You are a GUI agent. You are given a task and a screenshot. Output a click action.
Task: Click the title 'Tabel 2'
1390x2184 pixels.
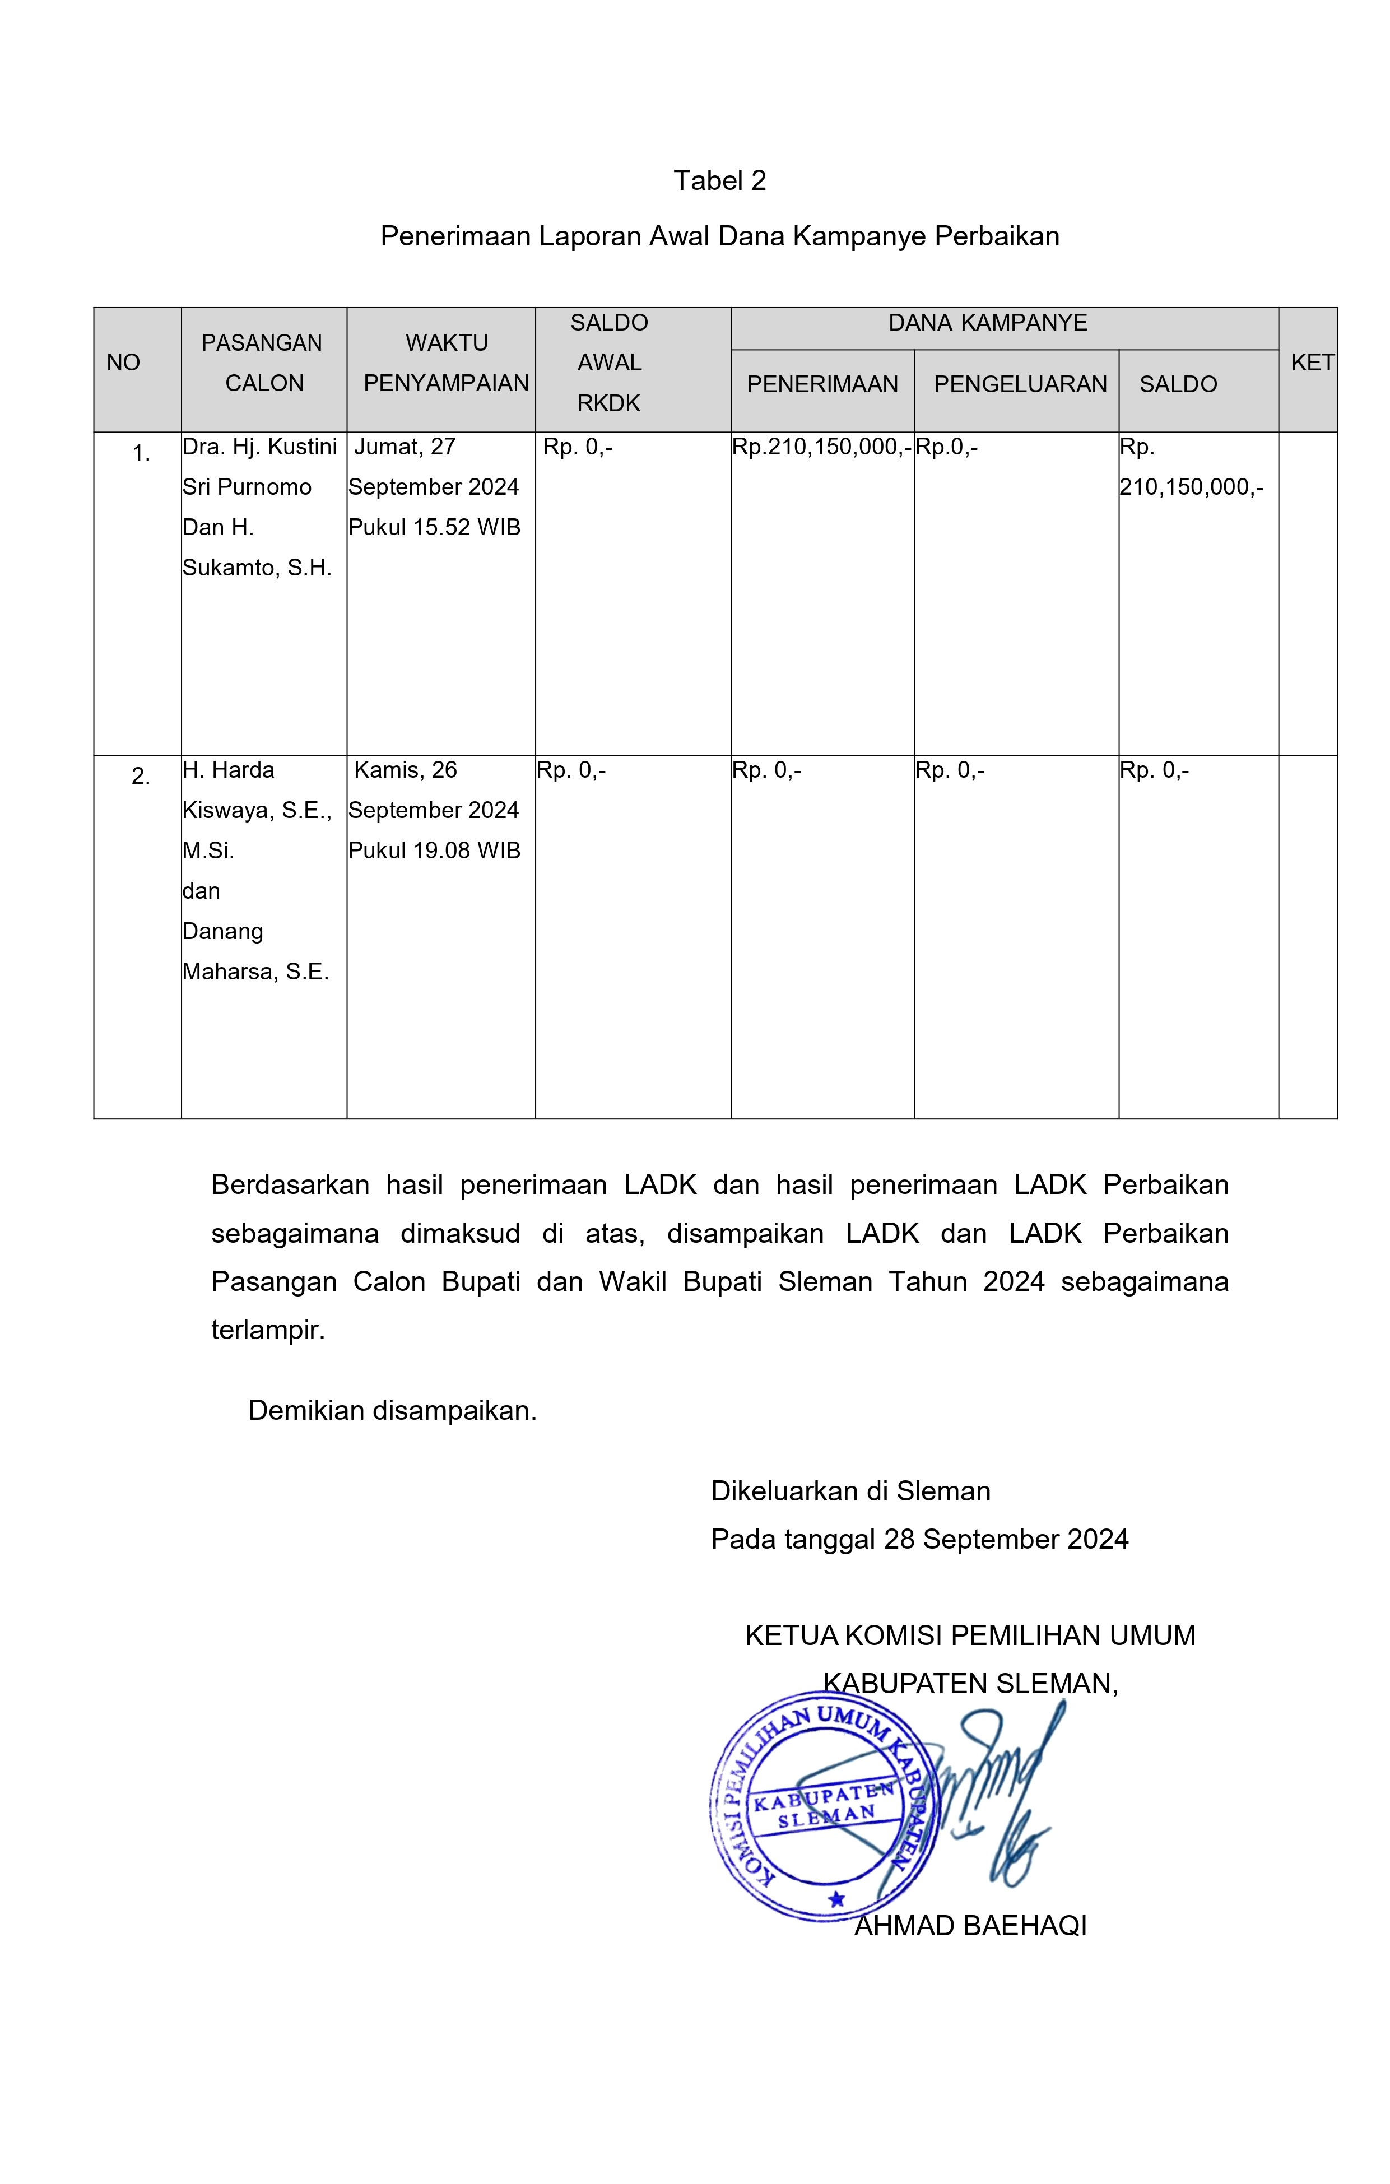click(720, 180)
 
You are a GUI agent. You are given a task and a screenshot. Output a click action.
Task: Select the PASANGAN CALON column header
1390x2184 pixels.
click(263, 363)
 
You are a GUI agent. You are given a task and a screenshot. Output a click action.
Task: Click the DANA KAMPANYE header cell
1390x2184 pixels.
click(987, 323)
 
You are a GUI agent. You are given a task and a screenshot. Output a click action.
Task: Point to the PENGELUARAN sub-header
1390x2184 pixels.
click(1020, 384)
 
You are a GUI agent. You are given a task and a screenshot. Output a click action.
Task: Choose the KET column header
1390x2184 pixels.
click(1311, 363)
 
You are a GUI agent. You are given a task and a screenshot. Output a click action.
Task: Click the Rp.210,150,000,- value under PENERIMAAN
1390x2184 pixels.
click(821, 447)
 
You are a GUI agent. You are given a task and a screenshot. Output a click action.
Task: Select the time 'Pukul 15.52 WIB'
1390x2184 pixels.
click(434, 528)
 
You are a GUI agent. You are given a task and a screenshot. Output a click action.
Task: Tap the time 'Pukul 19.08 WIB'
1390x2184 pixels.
click(434, 851)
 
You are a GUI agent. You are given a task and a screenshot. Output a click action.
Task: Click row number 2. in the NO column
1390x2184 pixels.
click(141, 777)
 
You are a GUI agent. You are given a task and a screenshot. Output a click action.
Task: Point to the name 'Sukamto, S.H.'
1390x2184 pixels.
click(257, 568)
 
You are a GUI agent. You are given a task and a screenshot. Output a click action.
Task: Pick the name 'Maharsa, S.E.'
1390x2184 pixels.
click(255, 972)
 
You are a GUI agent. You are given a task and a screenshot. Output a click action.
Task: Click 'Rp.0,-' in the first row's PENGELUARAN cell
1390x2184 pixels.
click(947, 447)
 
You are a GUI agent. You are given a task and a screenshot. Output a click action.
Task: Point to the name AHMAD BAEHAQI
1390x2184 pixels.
click(970, 1926)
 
